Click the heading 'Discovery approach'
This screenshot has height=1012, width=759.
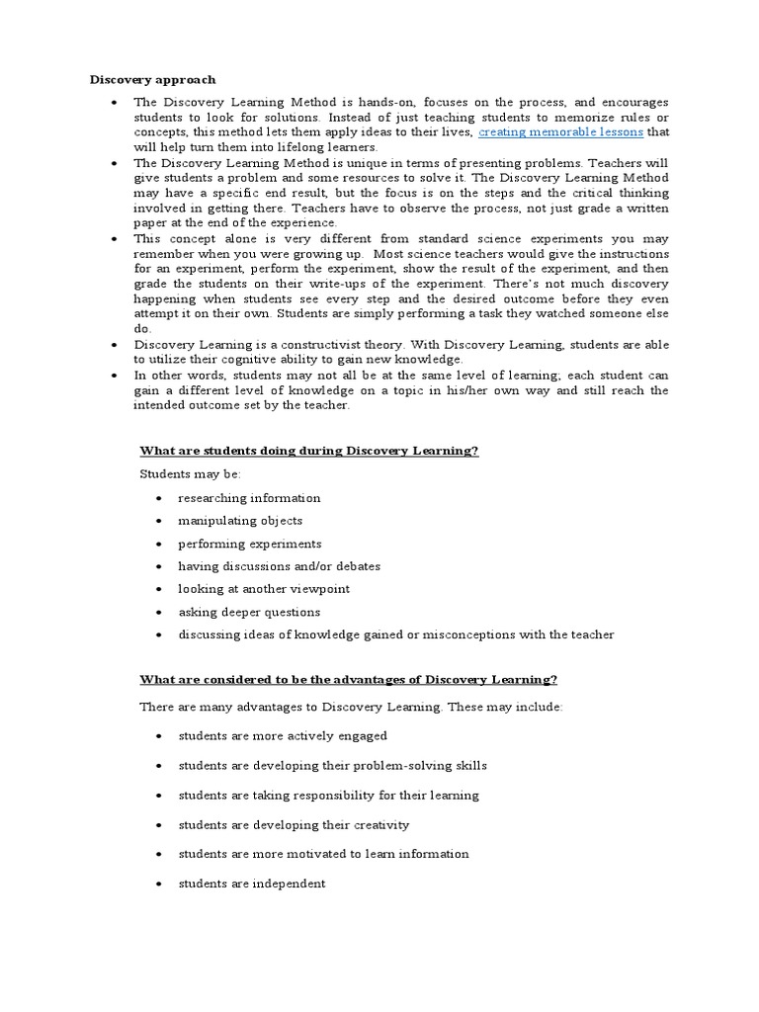(x=153, y=79)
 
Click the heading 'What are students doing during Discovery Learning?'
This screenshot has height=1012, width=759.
(x=309, y=451)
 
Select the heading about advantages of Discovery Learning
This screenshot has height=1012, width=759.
(x=349, y=679)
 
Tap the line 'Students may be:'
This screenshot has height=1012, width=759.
(x=184, y=474)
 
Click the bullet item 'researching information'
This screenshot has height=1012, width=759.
(x=249, y=498)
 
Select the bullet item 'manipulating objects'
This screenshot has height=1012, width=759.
(x=240, y=521)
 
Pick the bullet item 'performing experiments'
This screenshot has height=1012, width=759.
(x=249, y=544)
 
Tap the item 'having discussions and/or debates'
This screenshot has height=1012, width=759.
(x=279, y=566)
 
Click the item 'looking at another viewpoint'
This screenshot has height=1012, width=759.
(x=264, y=589)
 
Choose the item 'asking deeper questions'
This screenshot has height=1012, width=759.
(x=249, y=612)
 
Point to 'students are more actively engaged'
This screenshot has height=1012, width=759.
(x=283, y=736)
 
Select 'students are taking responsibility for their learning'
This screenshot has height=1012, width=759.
(x=328, y=796)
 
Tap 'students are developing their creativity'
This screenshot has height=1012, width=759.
(x=294, y=825)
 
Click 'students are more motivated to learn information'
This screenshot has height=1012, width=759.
(x=323, y=854)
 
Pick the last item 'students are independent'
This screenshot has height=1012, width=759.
(x=251, y=884)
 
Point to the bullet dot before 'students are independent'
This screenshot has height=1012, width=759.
(x=159, y=884)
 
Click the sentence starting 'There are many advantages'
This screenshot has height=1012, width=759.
(x=352, y=709)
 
